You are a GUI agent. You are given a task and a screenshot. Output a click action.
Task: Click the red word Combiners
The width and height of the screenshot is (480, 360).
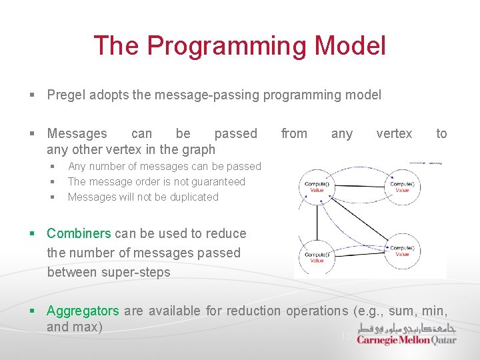click(79, 233)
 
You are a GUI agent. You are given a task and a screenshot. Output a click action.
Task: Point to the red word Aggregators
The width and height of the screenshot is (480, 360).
click(83, 311)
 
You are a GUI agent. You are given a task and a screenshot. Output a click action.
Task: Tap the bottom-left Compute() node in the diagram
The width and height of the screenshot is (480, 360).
click(317, 257)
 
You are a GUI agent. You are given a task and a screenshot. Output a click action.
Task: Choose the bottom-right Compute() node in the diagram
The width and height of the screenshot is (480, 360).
click(402, 251)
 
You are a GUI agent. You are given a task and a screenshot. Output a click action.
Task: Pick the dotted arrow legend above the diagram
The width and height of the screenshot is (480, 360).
click(425, 162)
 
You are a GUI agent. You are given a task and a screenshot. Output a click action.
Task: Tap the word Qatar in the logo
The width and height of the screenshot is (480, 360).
click(444, 340)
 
